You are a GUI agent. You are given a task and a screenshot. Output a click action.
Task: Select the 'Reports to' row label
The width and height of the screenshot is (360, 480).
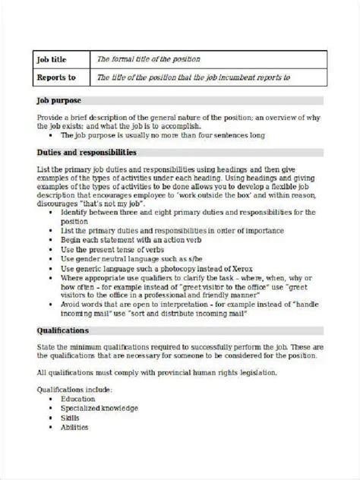pos(55,77)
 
